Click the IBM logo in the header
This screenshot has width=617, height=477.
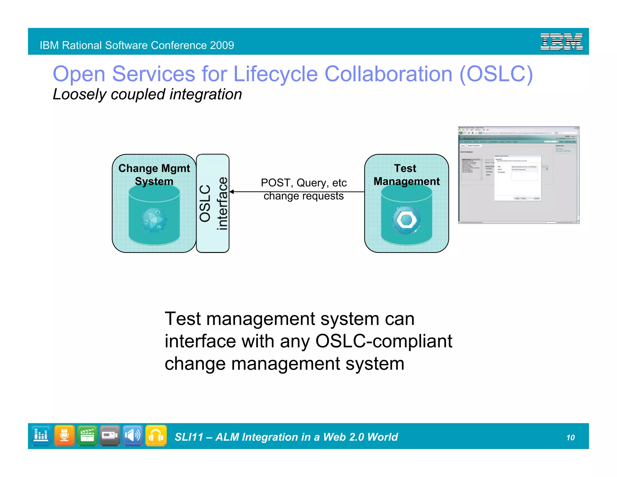click(x=562, y=42)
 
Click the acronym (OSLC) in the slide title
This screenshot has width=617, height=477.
click(x=496, y=74)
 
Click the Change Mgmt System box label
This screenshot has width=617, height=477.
click(x=154, y=175)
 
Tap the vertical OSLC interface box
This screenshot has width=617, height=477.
click(x=213, y=203)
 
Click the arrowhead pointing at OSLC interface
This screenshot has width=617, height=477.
click(x=231, y=192)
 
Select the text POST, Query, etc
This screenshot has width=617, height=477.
click(x=303, y=183)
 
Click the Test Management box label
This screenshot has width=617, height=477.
click(x=406, y=175)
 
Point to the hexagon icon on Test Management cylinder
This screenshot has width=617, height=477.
click(x=406, y=220)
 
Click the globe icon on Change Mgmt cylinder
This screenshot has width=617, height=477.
click(x=154, y=220)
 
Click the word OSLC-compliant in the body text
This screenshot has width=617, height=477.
click(x=384, y=341)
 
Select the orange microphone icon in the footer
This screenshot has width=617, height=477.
click(x=64, y=435)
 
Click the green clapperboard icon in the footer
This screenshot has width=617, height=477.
click(x=87, y=435)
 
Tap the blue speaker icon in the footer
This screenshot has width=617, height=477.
click(x=133, y=435)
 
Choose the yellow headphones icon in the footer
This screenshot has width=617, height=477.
click(x=156, y=435)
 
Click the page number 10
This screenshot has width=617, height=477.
click(x=570, y=438)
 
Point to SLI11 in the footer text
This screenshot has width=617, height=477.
click(x=189, y=437)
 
